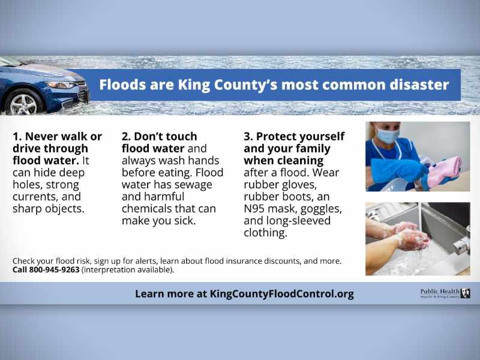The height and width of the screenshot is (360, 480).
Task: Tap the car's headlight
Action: click(60, 85)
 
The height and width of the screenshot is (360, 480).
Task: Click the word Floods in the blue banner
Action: click(122, 85)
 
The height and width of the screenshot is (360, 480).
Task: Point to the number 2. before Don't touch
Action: click(126, 137)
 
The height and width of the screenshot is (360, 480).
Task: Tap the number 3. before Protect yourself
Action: click(248, 137)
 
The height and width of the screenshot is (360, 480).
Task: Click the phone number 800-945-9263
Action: click(54, 269)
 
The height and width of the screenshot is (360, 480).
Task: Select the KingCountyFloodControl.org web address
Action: click(281, 294)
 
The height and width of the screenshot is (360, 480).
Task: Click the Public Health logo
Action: click(445, 293)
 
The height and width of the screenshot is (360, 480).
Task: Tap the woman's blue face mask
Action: click(388, 136)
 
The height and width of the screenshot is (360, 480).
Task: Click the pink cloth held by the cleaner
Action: click(446, 171)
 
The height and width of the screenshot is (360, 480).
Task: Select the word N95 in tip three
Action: click(254, 208)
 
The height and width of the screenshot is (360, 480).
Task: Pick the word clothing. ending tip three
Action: click(265, 233)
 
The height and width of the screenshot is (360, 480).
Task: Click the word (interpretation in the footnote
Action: click(109, 270)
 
